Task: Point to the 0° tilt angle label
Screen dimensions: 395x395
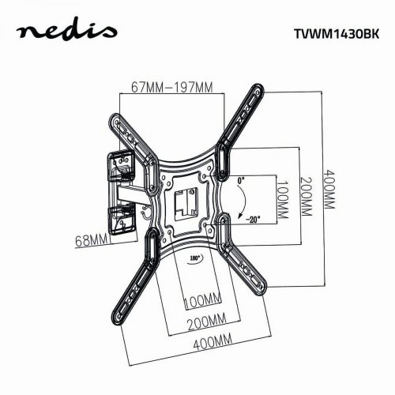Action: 242,180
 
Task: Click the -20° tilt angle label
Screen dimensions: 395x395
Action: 251,220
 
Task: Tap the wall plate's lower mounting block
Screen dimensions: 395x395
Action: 121,220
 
